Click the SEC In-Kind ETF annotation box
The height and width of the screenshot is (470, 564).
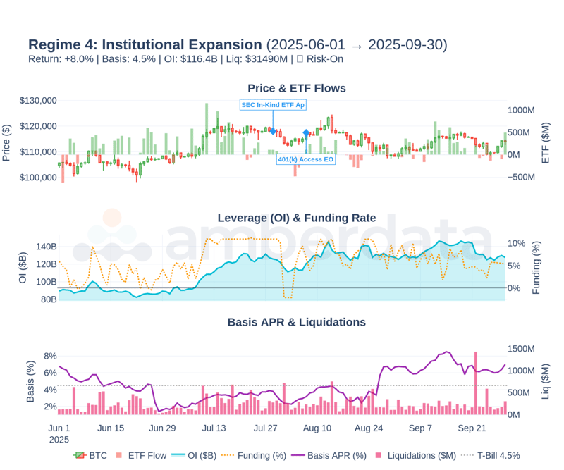click(x=273, y=104)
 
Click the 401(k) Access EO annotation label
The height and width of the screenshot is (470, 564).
click(x=306, y=159)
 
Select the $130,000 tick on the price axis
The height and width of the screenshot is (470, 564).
click(x=38, y=101)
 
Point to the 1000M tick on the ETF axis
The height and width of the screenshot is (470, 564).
click(x=523, y=111)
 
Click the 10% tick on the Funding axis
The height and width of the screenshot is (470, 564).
click(x=516, y=244)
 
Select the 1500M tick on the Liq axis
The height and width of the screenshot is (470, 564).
click(x=523, y=349)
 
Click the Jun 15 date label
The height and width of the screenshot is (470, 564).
click(x=111, y=428)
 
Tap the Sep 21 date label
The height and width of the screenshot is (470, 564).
click(x=472, y=428)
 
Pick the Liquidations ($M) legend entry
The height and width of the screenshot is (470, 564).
click(x=417, y=455)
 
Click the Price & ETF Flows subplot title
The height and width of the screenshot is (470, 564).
click(x=297, y=88)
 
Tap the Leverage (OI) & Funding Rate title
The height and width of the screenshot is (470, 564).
click(x=297, y=218)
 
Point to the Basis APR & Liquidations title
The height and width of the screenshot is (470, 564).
click(x=297, y=322)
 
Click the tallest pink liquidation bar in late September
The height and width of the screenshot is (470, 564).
click(x=476, y=381)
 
